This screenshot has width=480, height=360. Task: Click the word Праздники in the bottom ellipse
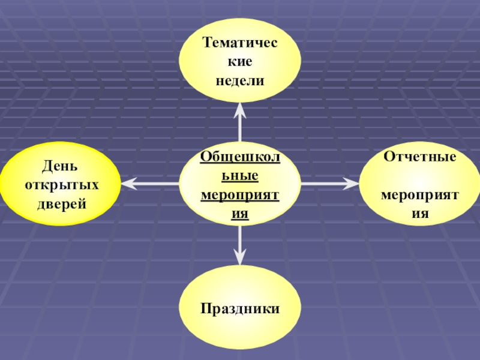240,309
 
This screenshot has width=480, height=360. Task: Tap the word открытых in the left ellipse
62,184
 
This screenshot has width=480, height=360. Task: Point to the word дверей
62,203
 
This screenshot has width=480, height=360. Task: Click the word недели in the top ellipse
240,80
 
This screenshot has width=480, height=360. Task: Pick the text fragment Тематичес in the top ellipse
240,43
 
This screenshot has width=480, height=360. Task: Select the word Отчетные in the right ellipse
420,157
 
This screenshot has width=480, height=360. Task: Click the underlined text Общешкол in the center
240,157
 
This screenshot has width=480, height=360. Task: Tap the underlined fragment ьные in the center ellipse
240,176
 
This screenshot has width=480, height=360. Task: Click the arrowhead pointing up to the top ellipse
240,108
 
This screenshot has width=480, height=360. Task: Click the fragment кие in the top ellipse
240,61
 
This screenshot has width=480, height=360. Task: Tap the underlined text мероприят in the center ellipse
240,196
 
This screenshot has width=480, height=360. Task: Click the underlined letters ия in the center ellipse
240,214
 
